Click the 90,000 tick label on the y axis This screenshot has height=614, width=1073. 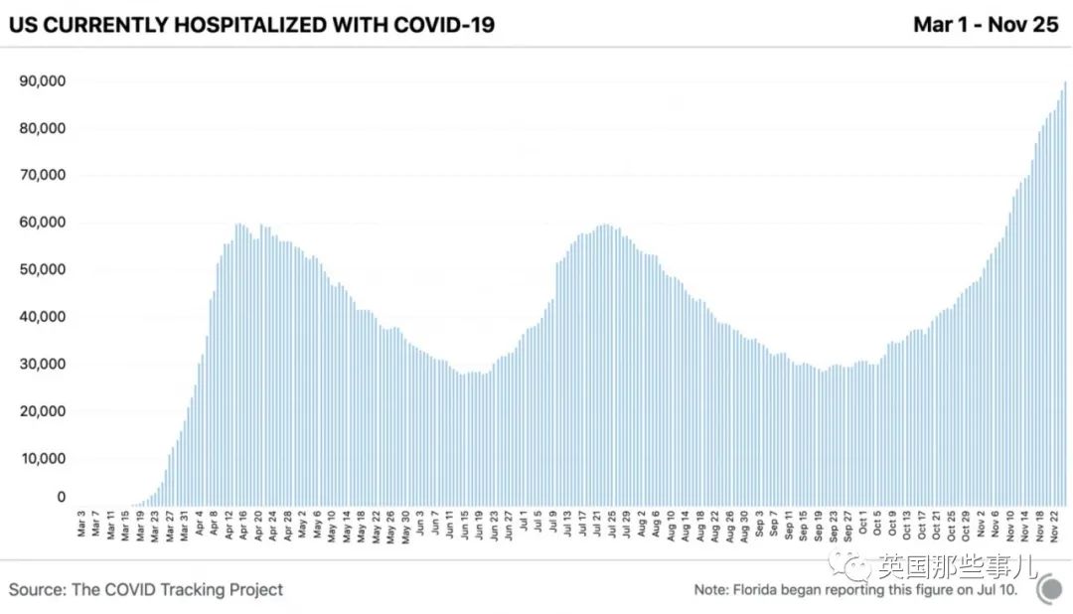(43, 81)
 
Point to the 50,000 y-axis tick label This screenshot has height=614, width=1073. (43, 270)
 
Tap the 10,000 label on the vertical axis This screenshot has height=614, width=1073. (43, 459)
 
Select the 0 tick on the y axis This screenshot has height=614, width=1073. (61, 497)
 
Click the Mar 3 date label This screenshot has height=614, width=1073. (81, 524)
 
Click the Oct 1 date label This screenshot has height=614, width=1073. (862, 524)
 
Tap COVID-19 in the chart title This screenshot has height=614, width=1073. (445, 24)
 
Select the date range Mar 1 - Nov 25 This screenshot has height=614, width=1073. (986, 24)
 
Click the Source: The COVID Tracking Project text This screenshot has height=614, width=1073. (146, 589)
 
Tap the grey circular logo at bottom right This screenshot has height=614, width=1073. (1049, 589)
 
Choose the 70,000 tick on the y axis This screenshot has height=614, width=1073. (43, 176)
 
